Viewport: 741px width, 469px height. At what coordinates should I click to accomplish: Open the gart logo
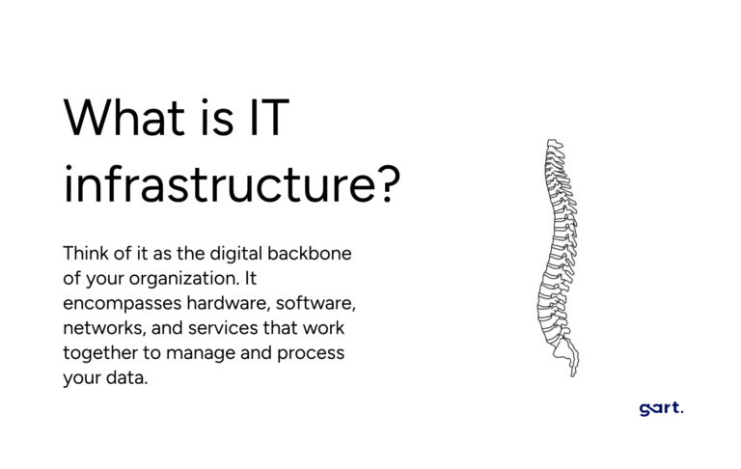(661, 408)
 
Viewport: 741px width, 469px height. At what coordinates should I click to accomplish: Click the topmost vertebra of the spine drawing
(555, 144)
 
